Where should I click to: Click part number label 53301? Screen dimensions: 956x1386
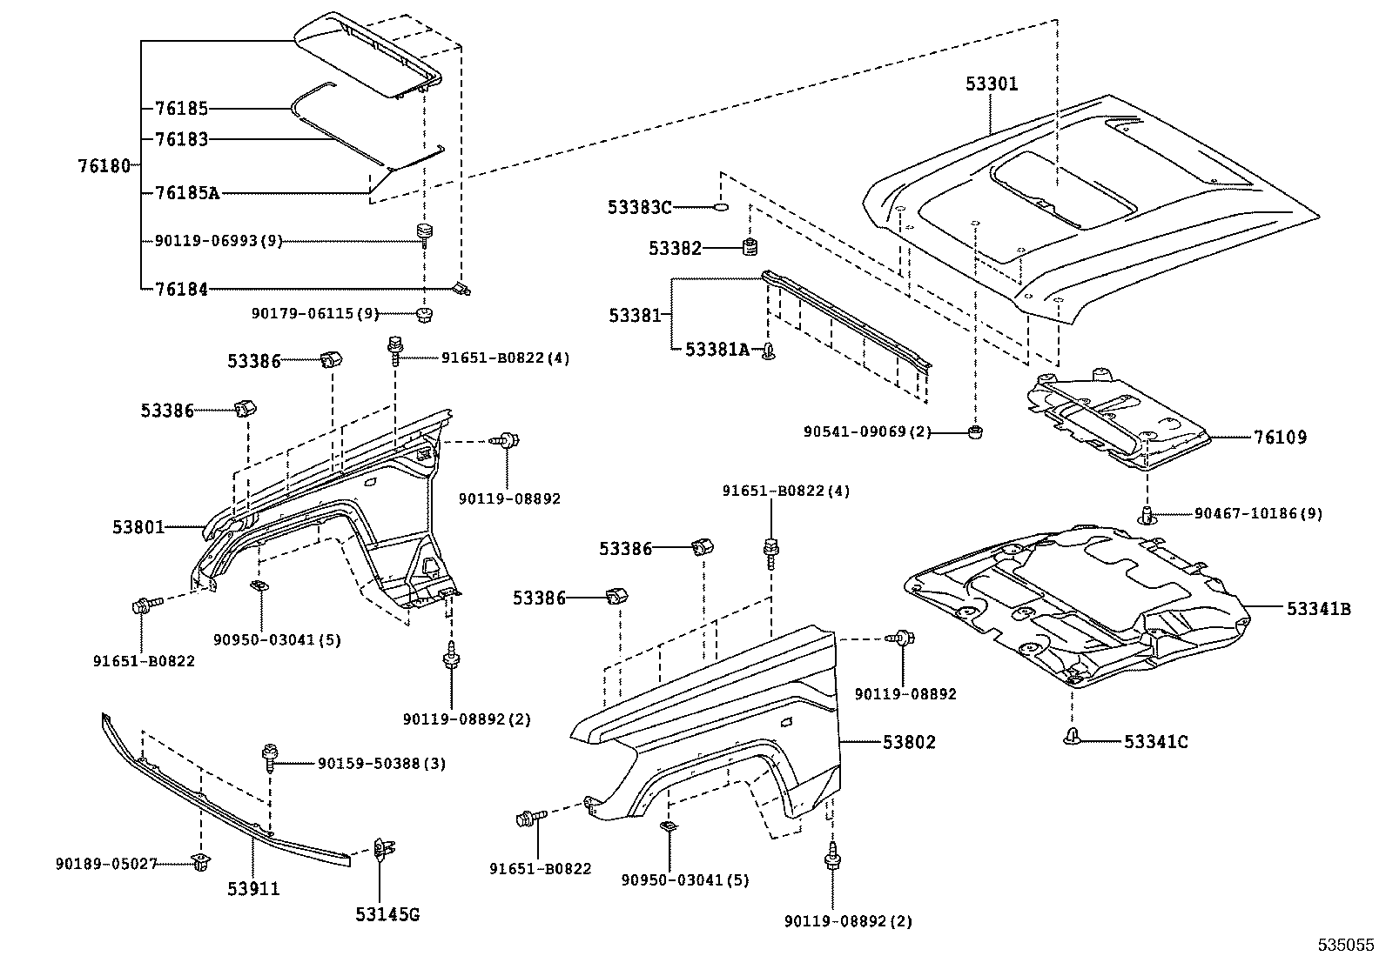click(991, 84)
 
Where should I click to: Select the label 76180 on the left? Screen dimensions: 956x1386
click(104, 165)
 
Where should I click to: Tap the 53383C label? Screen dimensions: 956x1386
click(639, 207)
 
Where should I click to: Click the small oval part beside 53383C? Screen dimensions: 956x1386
click(720, 207)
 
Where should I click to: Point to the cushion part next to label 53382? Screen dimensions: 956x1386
click(747, 247)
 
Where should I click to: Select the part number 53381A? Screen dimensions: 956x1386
click(717, 350)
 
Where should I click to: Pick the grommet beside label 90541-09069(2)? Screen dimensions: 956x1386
click(976, 431)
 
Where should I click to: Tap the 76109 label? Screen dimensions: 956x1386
click(1280, 438)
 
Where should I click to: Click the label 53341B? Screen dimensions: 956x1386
click(1318, 610)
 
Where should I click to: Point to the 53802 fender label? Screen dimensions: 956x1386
click(909, 742)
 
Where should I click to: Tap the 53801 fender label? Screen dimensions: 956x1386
click(138, 527)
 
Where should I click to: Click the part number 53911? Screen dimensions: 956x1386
click(254, 889)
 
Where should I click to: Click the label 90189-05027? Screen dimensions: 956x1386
click(106, 864)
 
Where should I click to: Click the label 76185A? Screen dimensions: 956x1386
click(186, 192)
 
